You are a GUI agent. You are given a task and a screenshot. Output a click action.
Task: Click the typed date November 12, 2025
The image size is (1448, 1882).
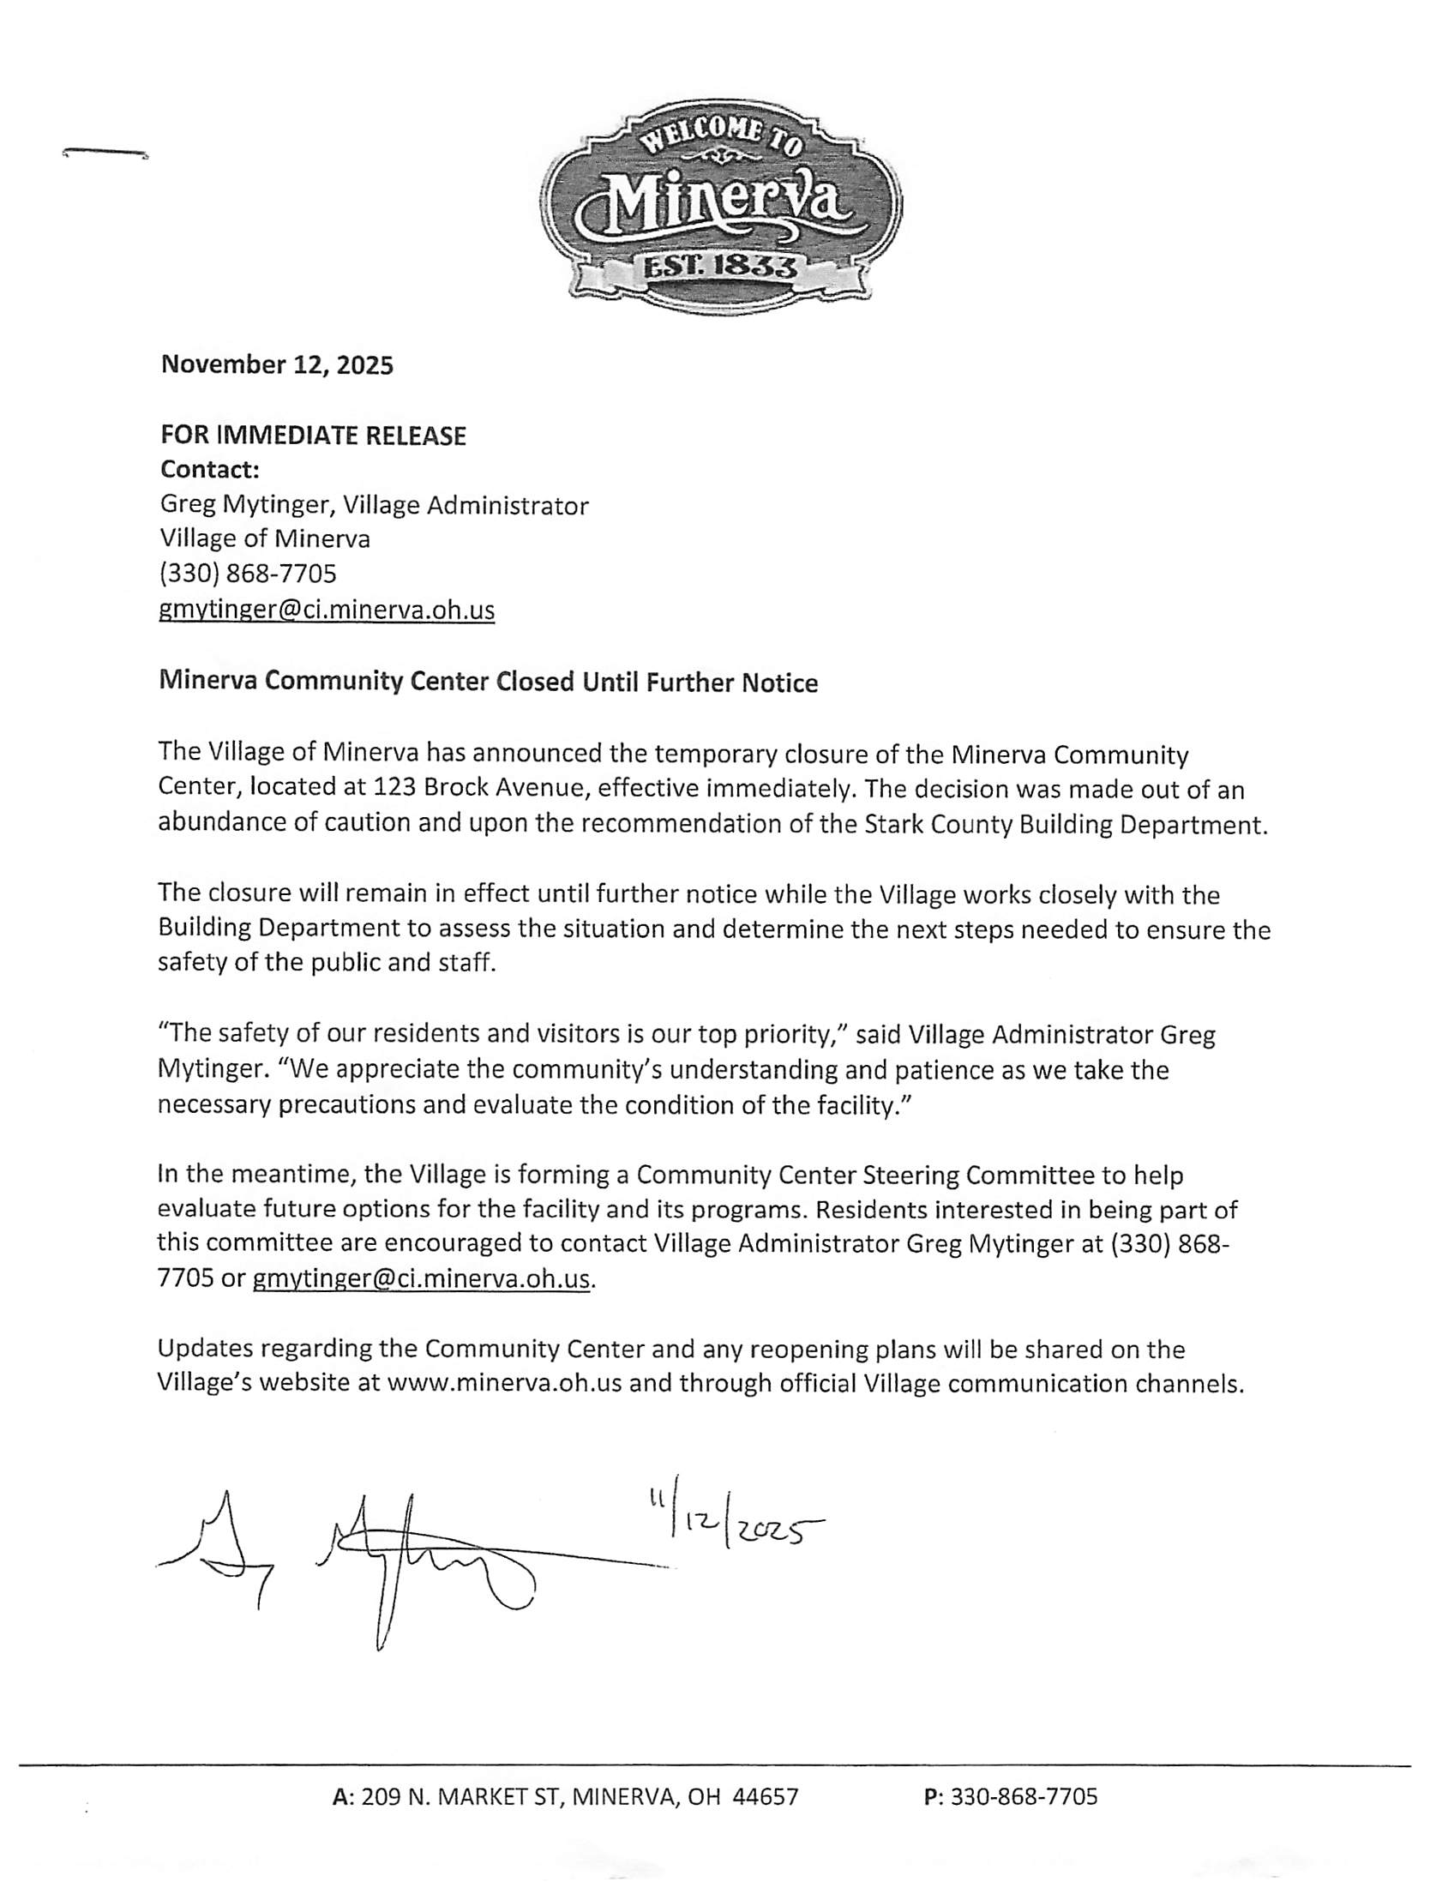277,365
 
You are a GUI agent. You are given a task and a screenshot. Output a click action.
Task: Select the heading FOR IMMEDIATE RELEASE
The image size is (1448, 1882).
313,436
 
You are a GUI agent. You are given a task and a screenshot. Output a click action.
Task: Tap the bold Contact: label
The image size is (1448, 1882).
209,470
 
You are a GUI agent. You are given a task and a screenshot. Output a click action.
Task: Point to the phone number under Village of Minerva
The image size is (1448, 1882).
247,573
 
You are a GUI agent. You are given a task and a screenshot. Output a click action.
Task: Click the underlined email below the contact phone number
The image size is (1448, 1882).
327,610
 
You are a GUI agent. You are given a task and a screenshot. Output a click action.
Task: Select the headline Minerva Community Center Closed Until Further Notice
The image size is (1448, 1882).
488,682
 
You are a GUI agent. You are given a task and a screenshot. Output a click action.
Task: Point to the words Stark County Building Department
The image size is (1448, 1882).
1066,824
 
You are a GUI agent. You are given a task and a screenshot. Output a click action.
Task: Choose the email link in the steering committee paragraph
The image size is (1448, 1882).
421,1278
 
